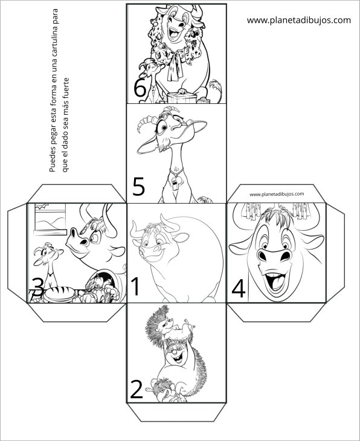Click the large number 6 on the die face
pos(140,88)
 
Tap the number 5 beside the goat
pos(139,187)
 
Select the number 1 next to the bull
pos(135,286)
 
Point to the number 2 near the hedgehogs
pos(137,390)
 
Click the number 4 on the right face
pos(239,289)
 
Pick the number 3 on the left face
pos(38,288)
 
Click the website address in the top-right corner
pos(299,21)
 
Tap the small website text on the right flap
pos(277,194)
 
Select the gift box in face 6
pos(182,98)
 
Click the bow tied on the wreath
pos(175,66)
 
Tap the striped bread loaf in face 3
pos(60,294)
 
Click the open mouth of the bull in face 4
pos(275,282)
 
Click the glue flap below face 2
pos(176,412)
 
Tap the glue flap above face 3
pos(77,193)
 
